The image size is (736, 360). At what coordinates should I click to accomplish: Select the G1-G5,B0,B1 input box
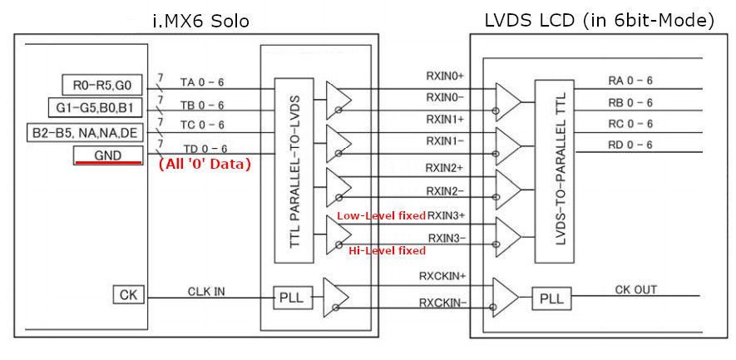tap(96, 108)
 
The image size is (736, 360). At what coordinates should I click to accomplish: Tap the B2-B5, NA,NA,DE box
tap(84, 132)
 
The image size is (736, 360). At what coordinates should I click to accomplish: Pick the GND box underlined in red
tap(107, 155)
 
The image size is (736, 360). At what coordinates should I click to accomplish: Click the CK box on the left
tap(127, 294)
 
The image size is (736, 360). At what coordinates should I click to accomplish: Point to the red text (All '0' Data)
tap(205, 164)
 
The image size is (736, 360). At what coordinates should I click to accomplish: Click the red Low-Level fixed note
tap(381, 216)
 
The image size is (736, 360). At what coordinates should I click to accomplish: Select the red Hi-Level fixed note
tap(387, 250)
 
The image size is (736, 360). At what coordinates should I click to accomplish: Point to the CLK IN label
tap(206, 292)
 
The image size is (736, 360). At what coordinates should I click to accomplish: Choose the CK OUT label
tap(635, 289)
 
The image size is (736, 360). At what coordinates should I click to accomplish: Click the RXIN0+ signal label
tap(445, 76)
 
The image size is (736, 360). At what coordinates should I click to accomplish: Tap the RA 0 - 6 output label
tap(630, 81)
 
